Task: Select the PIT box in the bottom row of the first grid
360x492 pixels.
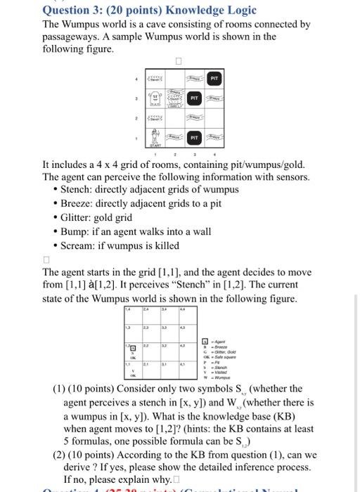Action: [193, 136]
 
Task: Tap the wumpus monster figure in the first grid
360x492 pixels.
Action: [154, 98]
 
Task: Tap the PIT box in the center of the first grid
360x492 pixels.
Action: [193, 98]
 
